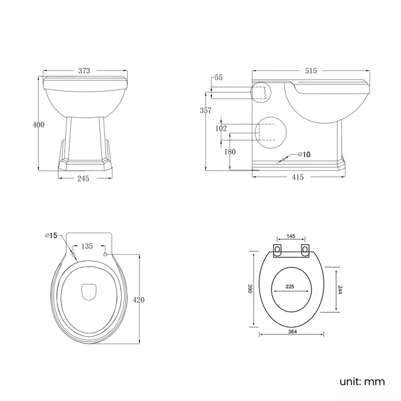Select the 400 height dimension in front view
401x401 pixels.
[x=38, y=125]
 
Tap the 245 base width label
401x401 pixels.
[x=83, y=178]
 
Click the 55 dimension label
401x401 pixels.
[x=218, y=78]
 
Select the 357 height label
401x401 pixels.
[x=206, y=110]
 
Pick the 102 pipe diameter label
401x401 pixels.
[x=221, y=130]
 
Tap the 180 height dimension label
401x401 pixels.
[x=230, y=152]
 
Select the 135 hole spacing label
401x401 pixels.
[x=88, y=246]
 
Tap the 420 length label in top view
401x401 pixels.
[x=139, y=300]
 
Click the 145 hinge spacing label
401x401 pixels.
[x=292, y=236]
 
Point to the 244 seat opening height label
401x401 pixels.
[x=339, y=290]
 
